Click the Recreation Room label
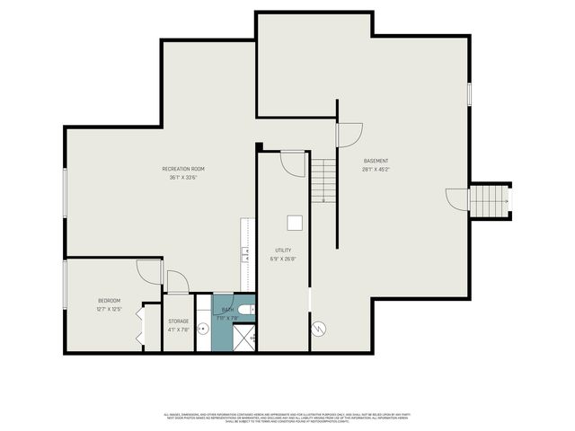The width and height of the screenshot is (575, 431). [184, 169]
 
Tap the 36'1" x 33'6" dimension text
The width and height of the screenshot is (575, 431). [184, 178]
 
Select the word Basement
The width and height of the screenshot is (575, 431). [376, 161]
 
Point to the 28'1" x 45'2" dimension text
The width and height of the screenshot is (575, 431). [376, 169]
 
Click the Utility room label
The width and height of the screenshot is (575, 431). [283, 251]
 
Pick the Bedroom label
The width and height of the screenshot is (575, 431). [109, 301]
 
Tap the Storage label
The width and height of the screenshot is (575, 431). [178, 321]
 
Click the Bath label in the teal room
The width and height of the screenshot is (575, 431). [227, 310]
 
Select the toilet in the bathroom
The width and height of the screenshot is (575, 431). [248, 310]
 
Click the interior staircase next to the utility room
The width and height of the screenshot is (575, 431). [323, 180]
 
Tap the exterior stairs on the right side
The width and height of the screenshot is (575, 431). [489, 201]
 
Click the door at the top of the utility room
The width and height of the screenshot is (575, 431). [293, 163]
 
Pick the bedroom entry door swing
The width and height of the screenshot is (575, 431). [149, 272]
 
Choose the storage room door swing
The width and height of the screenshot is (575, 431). [177, 283]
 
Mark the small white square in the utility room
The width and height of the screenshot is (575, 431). [295, 223]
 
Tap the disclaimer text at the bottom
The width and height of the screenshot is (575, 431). [287, 417]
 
